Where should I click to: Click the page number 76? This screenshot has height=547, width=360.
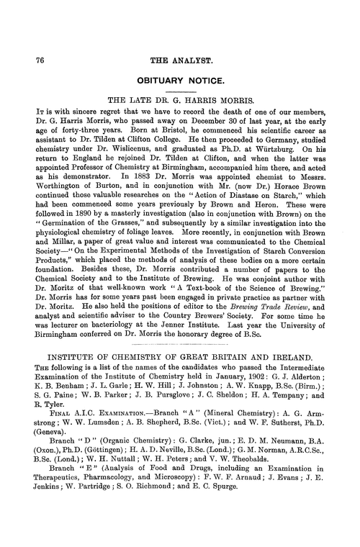point(31,63)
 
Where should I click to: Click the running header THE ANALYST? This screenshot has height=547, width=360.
point(180,63)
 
